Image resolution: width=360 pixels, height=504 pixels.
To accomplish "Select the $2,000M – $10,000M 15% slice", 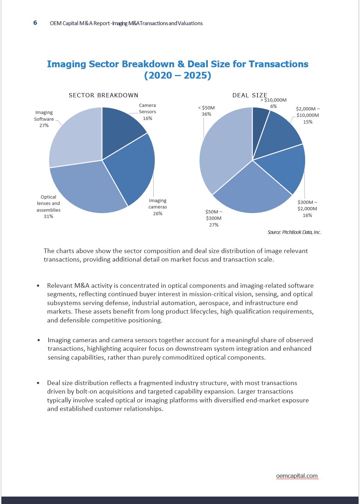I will point(280,133).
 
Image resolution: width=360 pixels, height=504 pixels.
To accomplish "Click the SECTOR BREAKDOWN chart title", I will point(103,95).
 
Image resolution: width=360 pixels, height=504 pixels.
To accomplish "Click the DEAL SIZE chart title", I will point(250,95).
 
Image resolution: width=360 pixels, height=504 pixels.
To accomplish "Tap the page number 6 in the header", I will point(35,23).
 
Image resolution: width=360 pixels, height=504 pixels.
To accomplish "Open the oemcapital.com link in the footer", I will point(297,476).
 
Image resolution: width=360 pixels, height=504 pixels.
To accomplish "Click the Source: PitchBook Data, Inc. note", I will point(294,232).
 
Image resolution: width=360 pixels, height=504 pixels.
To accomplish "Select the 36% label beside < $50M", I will point(206,114).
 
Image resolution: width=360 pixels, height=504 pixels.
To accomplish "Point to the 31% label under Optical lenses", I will point(48,216).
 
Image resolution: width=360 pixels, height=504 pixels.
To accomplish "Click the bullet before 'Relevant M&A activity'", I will point(38,286).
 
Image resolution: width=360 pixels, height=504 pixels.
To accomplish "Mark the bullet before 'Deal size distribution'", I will point(38,383).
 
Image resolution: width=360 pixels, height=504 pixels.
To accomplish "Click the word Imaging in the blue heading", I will point(66,64).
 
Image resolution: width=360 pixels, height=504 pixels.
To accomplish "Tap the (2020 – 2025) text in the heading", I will point(178,75).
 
